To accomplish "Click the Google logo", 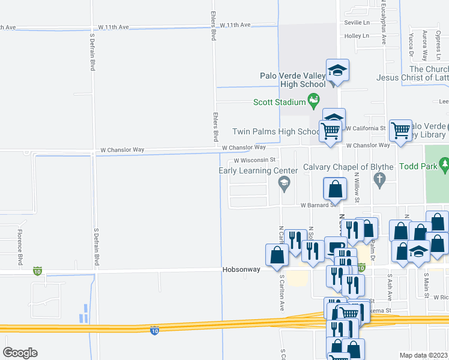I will [x=20, y=353].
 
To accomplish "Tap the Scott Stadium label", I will [x=279, y=102].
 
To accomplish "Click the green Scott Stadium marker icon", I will [x=313, y=100].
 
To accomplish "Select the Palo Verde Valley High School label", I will [x=293, y=80].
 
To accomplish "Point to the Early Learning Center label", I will [x=258, y=170].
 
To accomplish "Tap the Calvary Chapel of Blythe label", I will [x=348, y=167].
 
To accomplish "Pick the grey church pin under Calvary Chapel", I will [x=379, y=179].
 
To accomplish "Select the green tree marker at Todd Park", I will [x=444, y=163].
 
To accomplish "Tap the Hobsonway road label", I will [x=241, y=269].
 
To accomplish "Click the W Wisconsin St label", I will [x=255, y=160].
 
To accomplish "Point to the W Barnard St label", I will [x=318, y=205].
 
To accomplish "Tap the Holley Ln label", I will [x=357, y=36].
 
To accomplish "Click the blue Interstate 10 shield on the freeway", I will [x=154, y=330].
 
